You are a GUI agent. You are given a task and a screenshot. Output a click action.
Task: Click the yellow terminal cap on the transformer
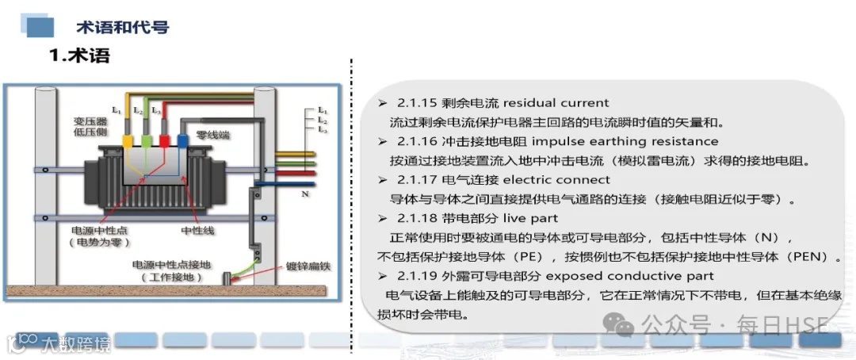click(128, 141)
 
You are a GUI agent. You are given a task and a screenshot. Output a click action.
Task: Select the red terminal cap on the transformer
click(164, 141)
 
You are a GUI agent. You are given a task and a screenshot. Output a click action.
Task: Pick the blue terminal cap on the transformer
click(182, 141)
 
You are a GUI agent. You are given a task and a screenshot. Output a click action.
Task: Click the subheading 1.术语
click(79, 56)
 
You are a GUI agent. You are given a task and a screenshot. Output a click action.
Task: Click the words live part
click(529, 218)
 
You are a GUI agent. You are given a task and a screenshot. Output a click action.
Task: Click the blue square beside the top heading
click(40, 29)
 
